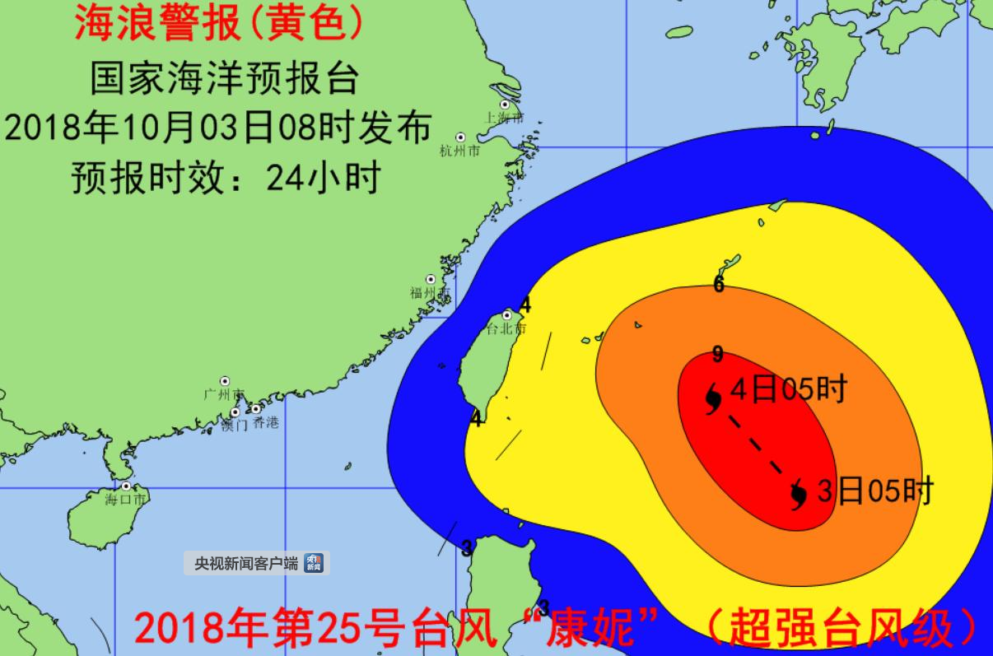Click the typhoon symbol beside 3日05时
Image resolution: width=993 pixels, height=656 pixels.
[798, 495]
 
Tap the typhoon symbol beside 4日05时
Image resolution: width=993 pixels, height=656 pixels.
[713, 398]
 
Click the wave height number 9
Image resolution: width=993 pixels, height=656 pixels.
[718, 355]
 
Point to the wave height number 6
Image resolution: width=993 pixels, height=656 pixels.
[719, 286]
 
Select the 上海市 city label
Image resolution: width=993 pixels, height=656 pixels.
[504, 119]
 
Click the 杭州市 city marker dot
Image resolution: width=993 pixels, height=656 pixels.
[460, 137]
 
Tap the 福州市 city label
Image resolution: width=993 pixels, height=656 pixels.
[431, 293]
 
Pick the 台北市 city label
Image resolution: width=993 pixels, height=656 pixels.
[506, 329]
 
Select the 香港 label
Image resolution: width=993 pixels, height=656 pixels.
[265, 423]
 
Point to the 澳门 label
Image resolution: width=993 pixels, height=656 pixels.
[235, 424]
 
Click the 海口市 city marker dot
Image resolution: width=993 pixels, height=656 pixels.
[125, 486]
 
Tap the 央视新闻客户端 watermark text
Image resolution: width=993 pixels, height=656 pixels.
[245, 564]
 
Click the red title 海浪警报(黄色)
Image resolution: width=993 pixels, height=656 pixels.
[219, 25]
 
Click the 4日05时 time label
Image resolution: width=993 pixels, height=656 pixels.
[788, 389]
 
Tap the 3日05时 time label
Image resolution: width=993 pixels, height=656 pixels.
[874, 491]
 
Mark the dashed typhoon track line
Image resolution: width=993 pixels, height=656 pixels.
[756, 445]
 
